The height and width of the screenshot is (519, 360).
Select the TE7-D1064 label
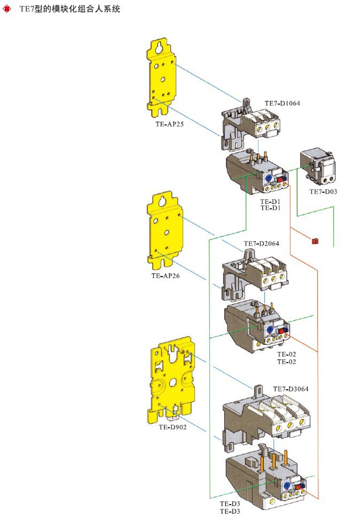tap(282, 103)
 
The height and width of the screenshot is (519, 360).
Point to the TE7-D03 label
tap(323, 192)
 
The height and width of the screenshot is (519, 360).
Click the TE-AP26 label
tap(165, 275)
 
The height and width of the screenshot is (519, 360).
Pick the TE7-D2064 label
tap(261, 244)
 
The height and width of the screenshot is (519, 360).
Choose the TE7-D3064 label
tap(290, 388)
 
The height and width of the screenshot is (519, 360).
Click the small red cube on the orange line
tap(314, 241)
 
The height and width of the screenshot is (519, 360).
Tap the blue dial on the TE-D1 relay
tap(268, 178)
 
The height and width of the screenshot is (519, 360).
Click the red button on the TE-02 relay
tap(281, 330)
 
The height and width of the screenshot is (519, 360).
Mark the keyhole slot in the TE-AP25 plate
tap(159, 49)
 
